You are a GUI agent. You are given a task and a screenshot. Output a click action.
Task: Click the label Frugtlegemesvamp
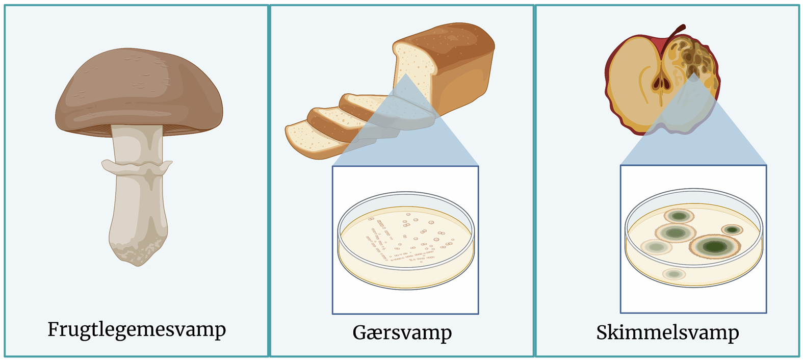click(x=137, y=330)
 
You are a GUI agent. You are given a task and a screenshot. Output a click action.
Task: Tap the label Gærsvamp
click(x=402, y=333)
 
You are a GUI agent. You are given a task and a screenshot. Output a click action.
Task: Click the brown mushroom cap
click(x=139, y=91)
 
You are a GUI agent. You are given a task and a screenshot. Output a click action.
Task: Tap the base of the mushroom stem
click(x=138, y=251)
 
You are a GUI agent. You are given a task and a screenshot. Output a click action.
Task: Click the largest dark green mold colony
click(x=714, y=246)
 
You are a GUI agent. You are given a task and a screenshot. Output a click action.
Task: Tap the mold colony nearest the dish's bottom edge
click(x=674, y=274)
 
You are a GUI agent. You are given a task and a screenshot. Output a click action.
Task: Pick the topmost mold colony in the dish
click(x=679, y=216)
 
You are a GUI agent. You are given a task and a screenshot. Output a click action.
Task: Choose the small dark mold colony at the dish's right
click(x=732, y=229)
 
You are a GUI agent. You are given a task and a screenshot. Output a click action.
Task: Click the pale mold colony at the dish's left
click(x=656, y=247)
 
